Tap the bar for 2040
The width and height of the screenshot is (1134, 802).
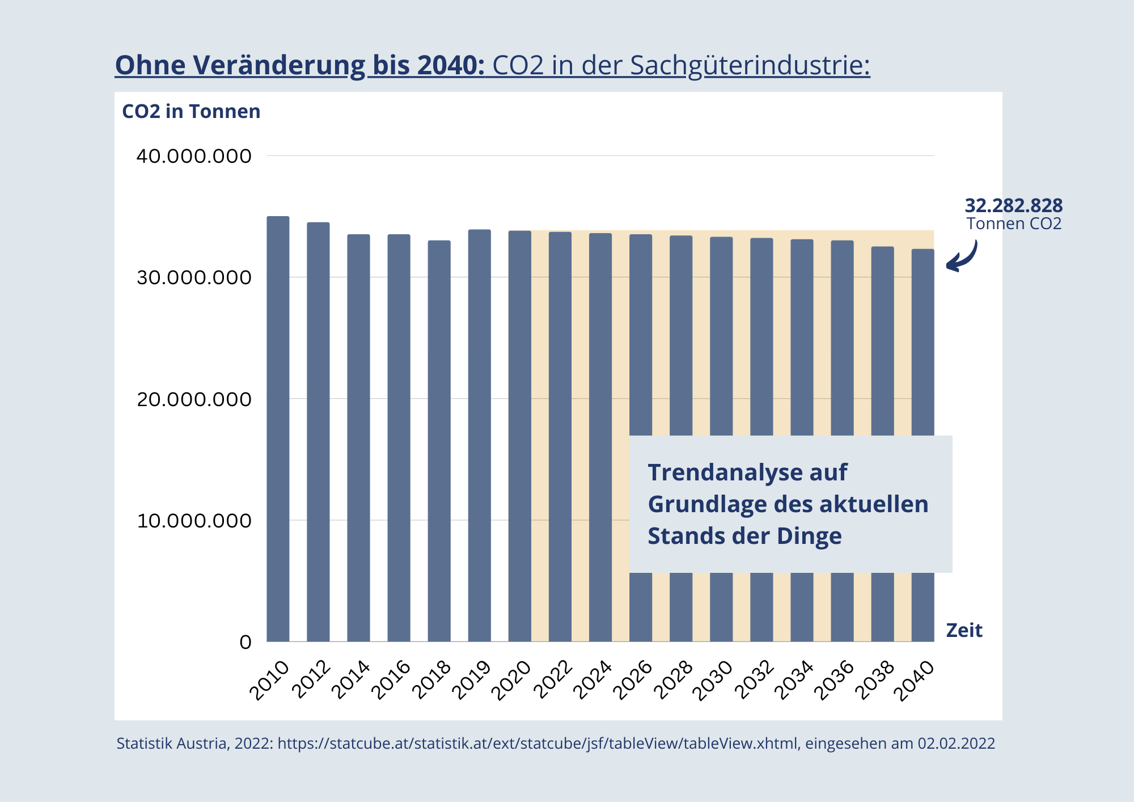pyautogui.click(x=923, y=340)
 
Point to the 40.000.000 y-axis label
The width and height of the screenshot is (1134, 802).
pyautogui.click(x=194, y=156)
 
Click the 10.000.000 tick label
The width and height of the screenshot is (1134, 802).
pyautogui.click(x=194, y=521)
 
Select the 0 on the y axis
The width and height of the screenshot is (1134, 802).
pyautogui.click(x=246, y=642)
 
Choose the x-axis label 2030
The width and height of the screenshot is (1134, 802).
pyautogui.click(x=716, y=681)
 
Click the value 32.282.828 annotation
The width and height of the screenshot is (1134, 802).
pyautogui.click(x=1013, y=205)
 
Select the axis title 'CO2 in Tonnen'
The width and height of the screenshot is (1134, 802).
pyautogui.click(x=191, y=111)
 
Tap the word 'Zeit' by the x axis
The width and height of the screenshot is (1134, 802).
pyautogui.click(x=964, y=630)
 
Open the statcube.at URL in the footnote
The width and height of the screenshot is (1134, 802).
pyautogui.click(x=538, y=744)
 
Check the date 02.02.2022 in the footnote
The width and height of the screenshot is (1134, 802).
pyautogui.click(x=957, y=744)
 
